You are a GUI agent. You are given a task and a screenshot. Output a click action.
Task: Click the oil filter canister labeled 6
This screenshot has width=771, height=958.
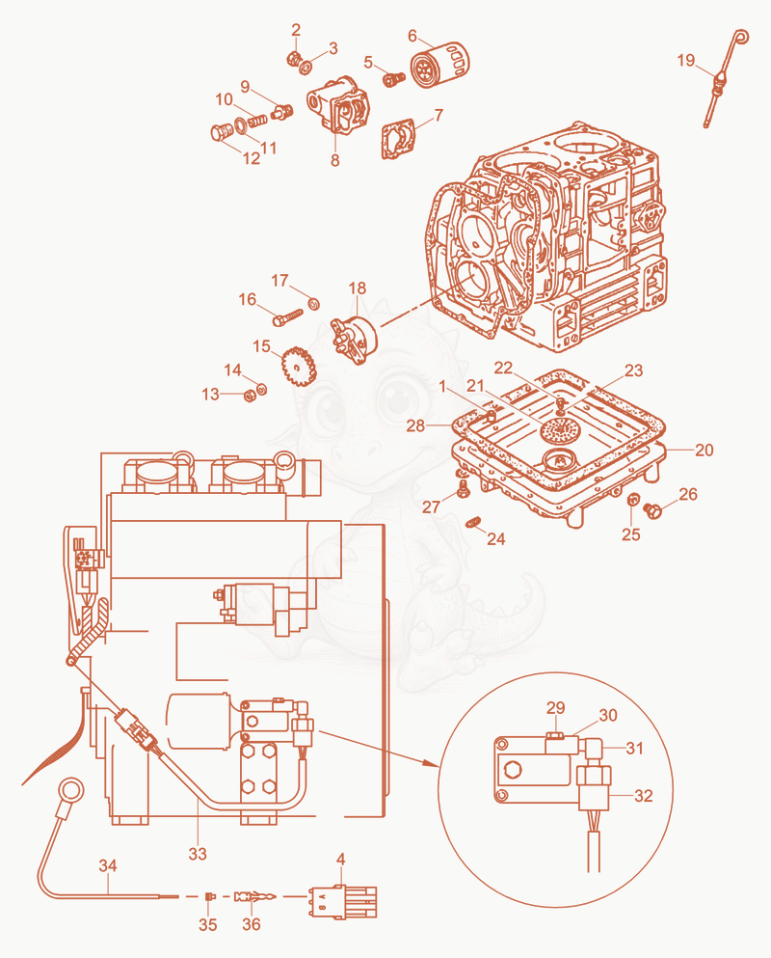click(x=440, y=64)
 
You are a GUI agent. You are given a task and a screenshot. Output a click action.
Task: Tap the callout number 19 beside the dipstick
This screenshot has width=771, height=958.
click(x=685, y=60)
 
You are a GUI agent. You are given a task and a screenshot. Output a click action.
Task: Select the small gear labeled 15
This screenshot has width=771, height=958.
click(x=299, y=368)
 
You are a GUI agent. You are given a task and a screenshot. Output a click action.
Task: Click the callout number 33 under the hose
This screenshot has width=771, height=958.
click(x=198, y=854)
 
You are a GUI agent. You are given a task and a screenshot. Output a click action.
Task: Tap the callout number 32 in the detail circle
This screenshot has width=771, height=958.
click(x=644, y=796)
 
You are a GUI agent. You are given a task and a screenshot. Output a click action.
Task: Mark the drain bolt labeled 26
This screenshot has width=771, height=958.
click(x=652, y=510)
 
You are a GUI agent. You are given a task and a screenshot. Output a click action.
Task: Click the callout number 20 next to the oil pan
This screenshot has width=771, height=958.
click(x=704, y=450)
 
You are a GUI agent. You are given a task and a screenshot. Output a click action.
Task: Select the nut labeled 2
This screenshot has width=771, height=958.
click(x=294, y=59)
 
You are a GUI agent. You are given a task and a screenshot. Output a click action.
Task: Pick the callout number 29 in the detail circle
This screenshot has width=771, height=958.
click(x=555, y=707)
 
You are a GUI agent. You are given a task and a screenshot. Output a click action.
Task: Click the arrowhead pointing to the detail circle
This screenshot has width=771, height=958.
click(x=433, y=763)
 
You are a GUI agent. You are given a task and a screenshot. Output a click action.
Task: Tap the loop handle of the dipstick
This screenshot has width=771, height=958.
click(x=740, y=37)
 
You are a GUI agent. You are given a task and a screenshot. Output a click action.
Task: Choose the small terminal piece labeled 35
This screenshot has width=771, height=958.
click(x=209, y=896)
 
